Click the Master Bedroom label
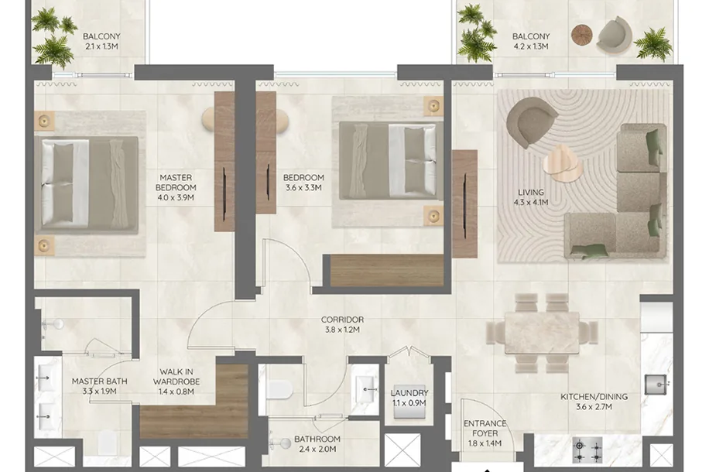tap(176, 187)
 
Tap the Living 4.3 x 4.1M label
tap(531, 197)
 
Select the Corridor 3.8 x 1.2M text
tap(342, 325)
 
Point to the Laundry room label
tap(409, 398)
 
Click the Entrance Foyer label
tap(485, 433)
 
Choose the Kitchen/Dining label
tap(594, 402)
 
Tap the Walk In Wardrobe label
tap(176, 381)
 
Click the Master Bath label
tap(100, 386)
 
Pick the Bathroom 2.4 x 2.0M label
tap(317, 444)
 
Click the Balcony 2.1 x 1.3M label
tap(101, 41)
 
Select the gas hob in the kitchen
tap(587, 450)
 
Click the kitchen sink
tap(656, 385)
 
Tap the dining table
tap(542, 333)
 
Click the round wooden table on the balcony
tap(582, 34)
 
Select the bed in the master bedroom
tap(87, 186)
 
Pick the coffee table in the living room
tap(562, 165)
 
